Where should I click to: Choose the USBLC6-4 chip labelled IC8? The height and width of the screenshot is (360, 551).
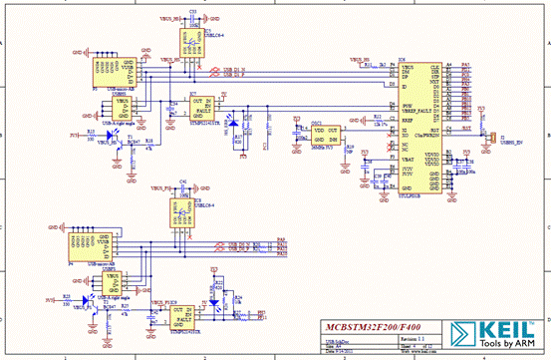pyautogui.click(x=182, y=212)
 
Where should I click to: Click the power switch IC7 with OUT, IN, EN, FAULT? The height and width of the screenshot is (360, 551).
pyautogui.click(x=202, y=107)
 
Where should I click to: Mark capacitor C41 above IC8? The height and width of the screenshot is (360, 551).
pyautogui.click(x=182, y=187)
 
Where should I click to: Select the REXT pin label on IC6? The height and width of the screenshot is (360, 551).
pyautogui.click(x=407, y=118)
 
